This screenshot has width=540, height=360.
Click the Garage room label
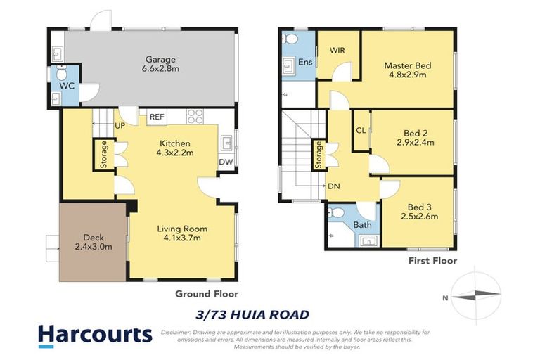tap(160, 60)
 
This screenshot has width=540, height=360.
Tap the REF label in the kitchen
tap(156, 117)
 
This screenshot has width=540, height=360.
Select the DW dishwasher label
tap(226, 161)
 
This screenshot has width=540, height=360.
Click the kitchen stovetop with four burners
tap(195, 117)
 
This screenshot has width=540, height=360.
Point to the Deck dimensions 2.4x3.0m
tap(94, 247)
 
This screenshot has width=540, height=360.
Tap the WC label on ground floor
tap(67, 86)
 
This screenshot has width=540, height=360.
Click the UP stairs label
tap(120, 127)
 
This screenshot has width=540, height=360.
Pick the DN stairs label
tap(333, 186)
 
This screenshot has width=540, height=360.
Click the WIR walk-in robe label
tap(337, 51)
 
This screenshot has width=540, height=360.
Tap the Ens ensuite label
tap(304, 63)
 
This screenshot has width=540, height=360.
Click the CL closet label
tap(361, 131)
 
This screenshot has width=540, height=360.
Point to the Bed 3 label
tap(423, 207)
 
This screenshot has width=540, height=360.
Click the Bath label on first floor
tap(363, 225)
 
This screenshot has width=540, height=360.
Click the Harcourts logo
tap(94, 335)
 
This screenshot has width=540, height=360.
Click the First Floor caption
tap(432, 261)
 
